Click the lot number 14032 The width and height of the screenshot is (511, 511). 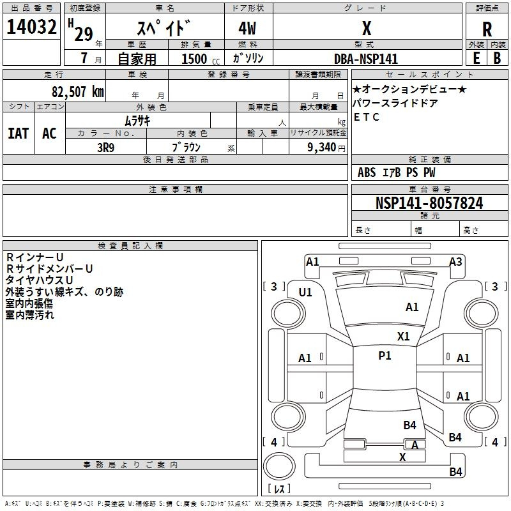coord(31,27)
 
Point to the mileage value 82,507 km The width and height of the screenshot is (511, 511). coord(78,92)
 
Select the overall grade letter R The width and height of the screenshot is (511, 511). coord(487,29)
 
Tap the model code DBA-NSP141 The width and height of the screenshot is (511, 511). coord(366,59)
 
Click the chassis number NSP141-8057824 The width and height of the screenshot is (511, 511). coord(429,203)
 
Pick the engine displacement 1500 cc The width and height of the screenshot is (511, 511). coord(201,59)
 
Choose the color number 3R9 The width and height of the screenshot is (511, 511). coord(105,148)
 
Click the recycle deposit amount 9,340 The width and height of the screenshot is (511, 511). coord(322,148)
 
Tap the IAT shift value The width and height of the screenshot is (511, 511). coord(19,133)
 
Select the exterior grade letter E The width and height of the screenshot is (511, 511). coord(477,58)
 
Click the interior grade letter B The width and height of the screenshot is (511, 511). coord(497,58)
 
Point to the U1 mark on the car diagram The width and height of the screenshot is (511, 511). coord(305,293)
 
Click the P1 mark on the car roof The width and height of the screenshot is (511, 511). coord(385,356)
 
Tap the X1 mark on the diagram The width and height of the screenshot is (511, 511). coord(403,337)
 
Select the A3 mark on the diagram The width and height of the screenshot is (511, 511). coord(455,262)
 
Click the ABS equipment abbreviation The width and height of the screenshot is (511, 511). coord(367,172)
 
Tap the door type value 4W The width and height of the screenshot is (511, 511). coord(247,28)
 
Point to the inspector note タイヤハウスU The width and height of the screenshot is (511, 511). coord(39,280)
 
